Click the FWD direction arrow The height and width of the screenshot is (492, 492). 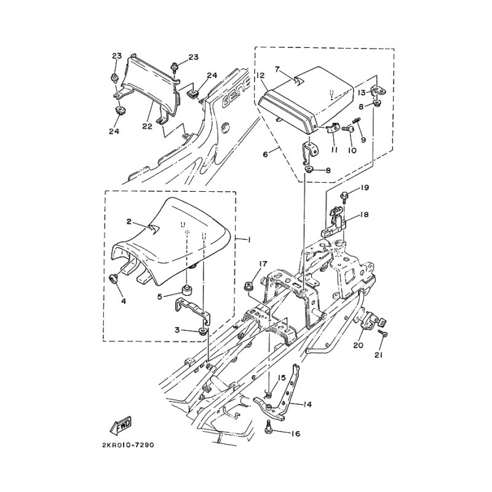[120, 426]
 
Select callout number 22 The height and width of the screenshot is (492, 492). [147, 126]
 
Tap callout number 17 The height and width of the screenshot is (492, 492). [263, 264]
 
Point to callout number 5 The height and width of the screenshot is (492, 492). [160, 296]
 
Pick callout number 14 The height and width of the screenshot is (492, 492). [307, 405]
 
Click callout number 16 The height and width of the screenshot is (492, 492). [295, 434]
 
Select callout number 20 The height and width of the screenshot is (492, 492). [358, 345]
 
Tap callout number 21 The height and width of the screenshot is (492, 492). [378, 355]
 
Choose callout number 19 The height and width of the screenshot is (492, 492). [364, 188]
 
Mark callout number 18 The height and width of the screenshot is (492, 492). [364, 215]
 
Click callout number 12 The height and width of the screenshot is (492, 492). [260, 76]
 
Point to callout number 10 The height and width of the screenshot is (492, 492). [352, 151]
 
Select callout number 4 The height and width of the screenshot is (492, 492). [124, 301]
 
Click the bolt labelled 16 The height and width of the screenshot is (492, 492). [269, 424]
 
